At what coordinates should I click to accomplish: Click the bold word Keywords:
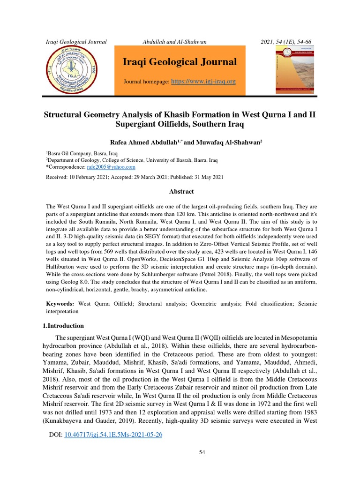[x=60, y=304]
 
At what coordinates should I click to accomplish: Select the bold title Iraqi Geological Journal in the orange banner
[x=180, y=62]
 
